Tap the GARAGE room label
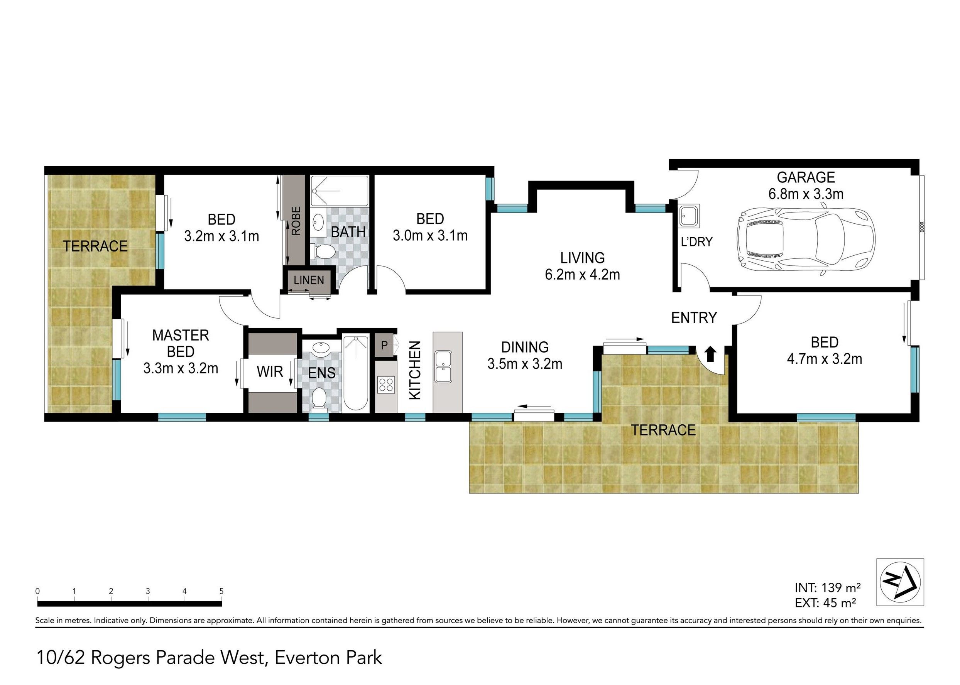coord(806,177)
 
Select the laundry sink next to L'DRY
coord(690,217)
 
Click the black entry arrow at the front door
coord(711,354)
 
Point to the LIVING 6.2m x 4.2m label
coord(582,266)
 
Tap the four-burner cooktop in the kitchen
coord(386,385)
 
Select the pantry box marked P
coord(384,346)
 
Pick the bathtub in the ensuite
coord(355,373)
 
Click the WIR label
coord(270,371)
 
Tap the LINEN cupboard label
coord(309,280)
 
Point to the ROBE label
coord(296,221)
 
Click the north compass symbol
coord(900,582)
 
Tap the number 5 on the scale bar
coord(221,591)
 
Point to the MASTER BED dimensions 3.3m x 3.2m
coord(181,368)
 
